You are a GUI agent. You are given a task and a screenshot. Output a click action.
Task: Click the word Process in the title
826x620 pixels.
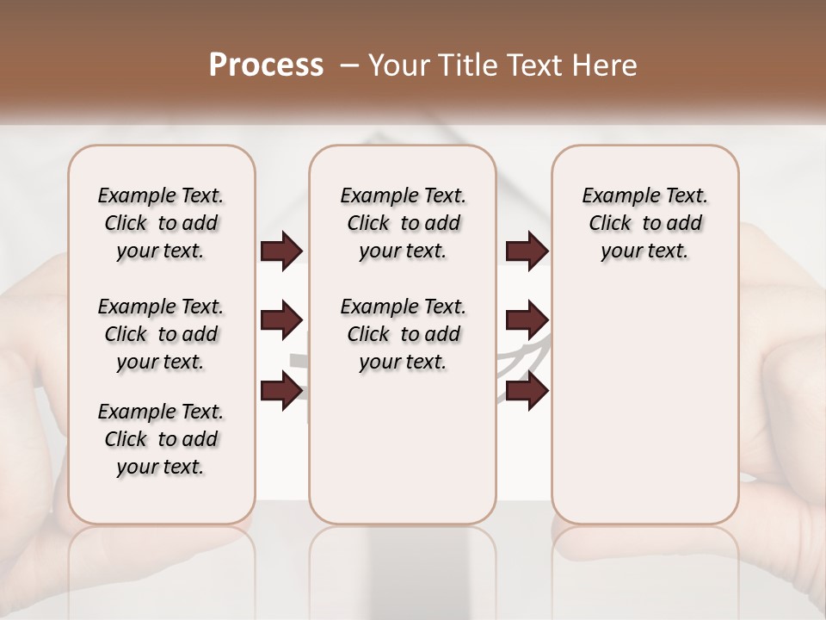point(266,65)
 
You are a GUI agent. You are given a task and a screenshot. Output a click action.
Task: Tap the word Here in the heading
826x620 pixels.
point(607,65)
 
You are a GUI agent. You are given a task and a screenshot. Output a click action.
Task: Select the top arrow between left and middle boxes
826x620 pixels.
point(281,251)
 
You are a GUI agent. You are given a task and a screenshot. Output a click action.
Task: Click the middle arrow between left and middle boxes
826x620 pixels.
point(281,320)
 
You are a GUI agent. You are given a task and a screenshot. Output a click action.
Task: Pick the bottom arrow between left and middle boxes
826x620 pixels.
point(281,390)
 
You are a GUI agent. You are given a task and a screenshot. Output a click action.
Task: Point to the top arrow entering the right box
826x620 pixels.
point(527,251)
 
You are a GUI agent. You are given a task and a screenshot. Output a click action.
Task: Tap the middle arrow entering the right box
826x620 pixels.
point(527,320)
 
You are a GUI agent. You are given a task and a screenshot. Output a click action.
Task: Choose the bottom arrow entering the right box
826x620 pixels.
point(527,390)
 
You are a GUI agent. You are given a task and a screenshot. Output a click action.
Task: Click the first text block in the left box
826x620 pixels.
point(161,223)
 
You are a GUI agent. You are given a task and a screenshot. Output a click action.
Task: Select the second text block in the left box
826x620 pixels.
point(161,334)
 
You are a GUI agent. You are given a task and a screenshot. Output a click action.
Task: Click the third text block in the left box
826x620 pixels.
point(161,439)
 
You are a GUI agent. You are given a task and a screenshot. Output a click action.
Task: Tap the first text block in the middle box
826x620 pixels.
point(403,223)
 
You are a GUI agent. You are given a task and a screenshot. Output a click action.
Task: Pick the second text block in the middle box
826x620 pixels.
point(403,334)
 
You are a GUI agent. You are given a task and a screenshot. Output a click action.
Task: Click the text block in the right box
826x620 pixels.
point(644,223)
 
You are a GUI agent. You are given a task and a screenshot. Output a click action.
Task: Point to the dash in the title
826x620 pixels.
point(348,65)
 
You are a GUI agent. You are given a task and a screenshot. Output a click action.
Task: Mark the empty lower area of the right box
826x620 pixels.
point(644,405)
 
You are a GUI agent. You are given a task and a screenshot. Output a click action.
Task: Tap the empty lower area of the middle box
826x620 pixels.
point(403,448)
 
